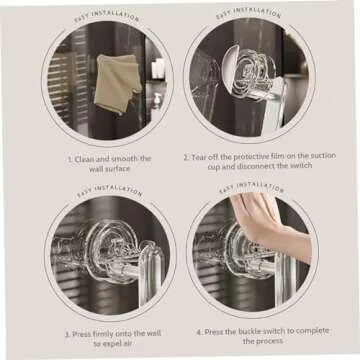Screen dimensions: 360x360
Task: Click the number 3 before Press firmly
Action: (x=67, y=332)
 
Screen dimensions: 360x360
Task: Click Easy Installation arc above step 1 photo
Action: (x=108, y=16)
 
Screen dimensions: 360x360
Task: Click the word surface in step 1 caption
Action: (x=120, y=170)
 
